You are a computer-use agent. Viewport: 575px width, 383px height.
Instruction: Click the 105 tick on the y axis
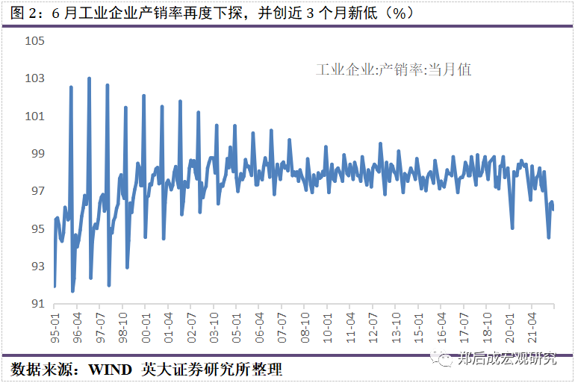click(35, 40)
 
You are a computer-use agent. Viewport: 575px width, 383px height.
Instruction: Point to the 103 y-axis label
click(35, 78)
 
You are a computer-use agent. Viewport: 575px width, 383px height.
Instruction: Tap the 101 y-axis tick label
click(35, 116)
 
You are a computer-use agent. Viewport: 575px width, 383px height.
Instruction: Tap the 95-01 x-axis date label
click(55, 327)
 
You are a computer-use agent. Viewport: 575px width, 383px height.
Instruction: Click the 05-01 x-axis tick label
click(236, 327)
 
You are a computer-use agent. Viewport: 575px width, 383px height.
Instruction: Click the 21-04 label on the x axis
click(532, 327)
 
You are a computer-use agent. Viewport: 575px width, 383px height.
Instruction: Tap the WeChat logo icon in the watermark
click(447, 359)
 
